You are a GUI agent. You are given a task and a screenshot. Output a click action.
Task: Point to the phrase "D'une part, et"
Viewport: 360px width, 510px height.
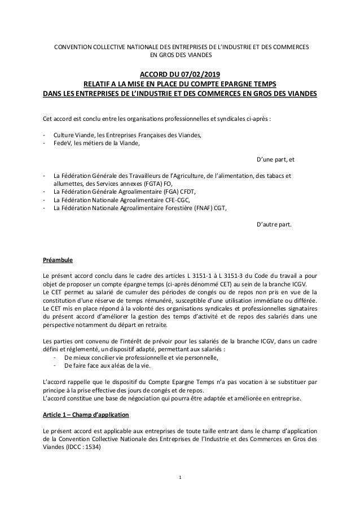275,159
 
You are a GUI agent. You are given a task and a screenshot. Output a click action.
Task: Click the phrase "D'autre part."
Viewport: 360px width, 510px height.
274,224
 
